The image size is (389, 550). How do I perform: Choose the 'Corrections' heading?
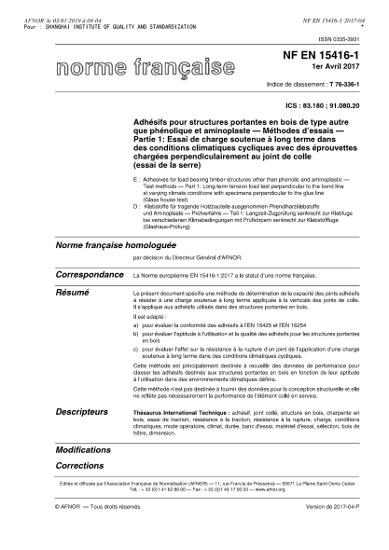point(79,464)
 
